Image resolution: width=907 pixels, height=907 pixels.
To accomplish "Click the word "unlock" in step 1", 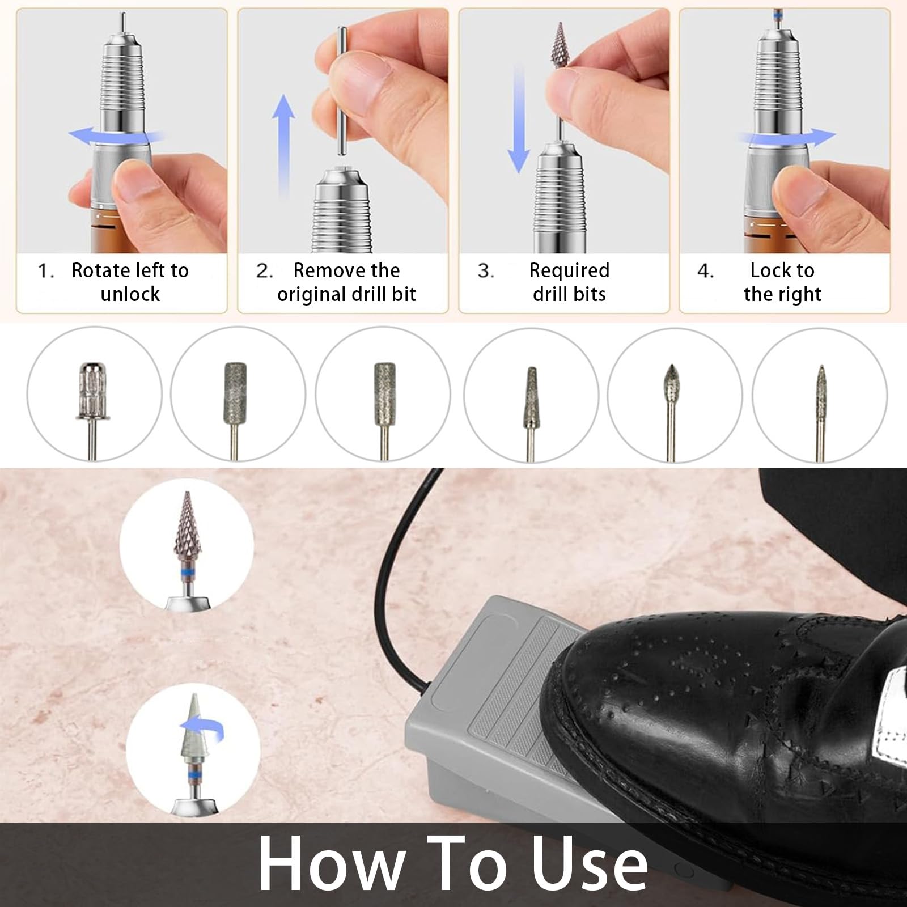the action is tap(130, 294).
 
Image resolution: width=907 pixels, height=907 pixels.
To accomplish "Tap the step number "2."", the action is tap(265, 271).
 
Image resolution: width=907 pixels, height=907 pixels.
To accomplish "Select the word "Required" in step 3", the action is tap(569, 271).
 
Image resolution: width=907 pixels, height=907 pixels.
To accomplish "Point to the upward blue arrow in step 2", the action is tap(283, 146).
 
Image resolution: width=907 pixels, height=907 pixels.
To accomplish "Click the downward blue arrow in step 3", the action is tap(518, 119).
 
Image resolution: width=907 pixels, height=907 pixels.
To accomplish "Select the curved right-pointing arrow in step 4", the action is tap(787, 137).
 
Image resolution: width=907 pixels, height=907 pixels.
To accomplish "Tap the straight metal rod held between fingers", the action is tap(341, 91).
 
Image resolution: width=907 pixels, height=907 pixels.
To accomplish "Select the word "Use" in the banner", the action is tap(590, 864).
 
